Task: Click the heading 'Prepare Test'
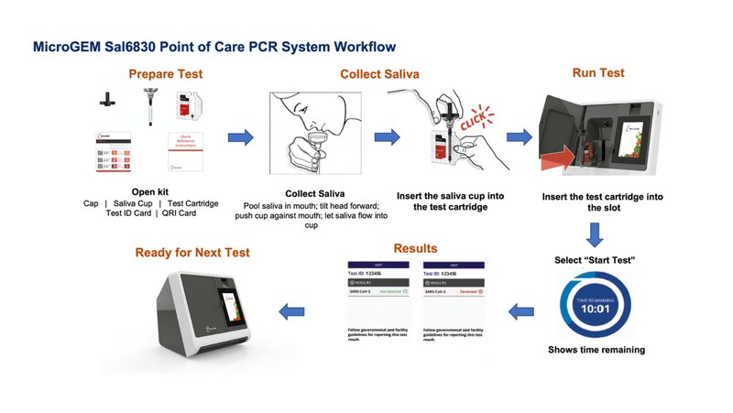[165, 74]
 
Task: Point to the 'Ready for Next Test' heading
[191, 253]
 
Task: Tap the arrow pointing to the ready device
[292, 311]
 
